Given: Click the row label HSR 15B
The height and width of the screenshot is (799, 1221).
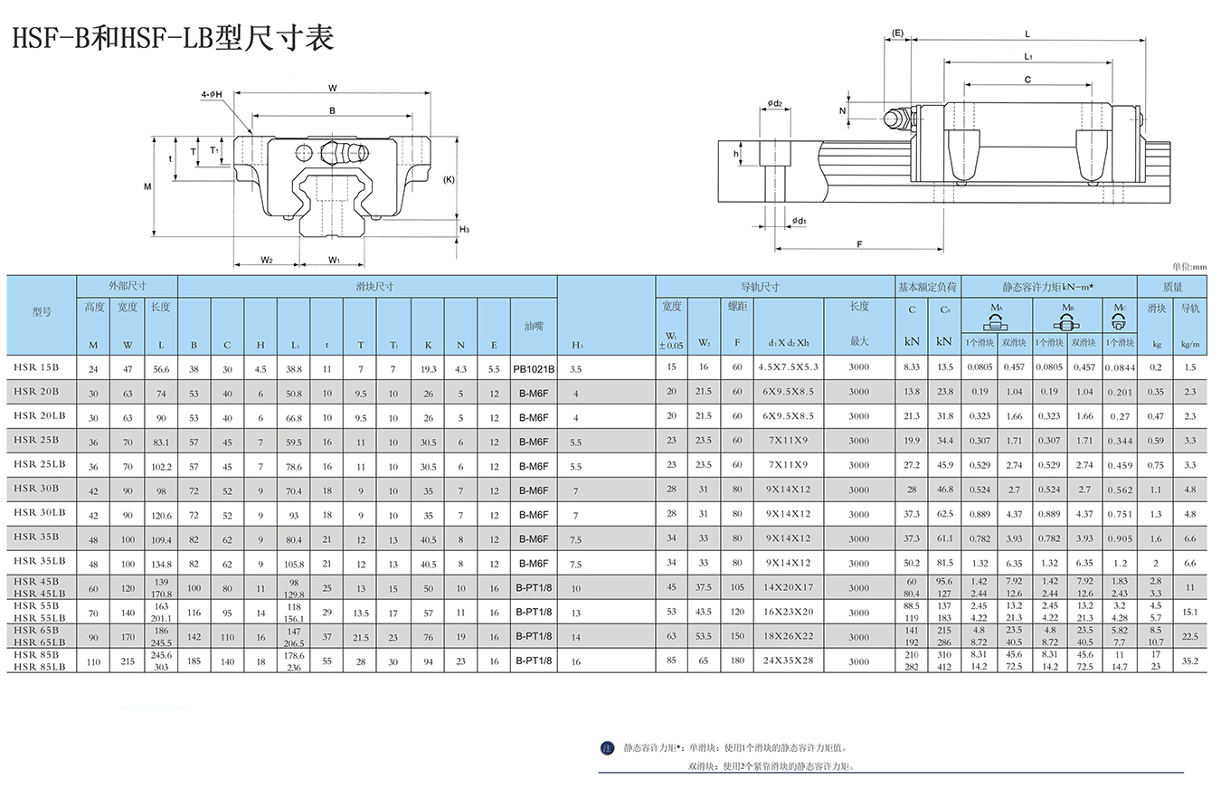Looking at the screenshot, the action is coord(36,367).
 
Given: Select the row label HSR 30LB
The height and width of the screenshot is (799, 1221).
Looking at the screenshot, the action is coord(39,512).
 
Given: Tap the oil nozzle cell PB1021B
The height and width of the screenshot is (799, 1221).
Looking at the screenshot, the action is coord(534,369).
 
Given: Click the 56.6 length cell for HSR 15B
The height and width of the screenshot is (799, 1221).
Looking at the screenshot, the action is coord(161,369).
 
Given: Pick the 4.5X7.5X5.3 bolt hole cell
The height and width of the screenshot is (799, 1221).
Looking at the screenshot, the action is coord(788,367).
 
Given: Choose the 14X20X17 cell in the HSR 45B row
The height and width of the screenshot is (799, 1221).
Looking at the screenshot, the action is coord(788,587).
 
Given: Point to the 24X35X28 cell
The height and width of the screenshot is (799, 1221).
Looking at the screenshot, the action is coord(788,661).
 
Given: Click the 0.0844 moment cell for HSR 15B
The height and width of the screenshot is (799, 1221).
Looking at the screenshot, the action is coord(1121,368).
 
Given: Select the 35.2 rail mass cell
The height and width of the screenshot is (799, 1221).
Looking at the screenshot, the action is coord(1190,661).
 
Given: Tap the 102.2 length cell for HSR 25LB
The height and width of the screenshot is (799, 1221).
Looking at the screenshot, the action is coord(161,467).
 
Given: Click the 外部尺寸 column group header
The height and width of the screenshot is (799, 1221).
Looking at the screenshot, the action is coord(127,286).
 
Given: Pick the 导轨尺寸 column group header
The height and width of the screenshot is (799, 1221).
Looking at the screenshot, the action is coord(760,287).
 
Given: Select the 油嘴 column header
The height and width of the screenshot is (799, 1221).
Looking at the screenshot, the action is coord(534,326).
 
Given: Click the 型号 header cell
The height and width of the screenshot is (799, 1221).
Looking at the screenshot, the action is coord(42,312).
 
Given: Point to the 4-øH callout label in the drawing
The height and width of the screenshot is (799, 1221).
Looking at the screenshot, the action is coord(212,94).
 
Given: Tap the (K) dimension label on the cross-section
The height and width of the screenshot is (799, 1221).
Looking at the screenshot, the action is coord(449,179).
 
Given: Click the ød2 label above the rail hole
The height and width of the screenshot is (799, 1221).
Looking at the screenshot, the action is coord(774,103).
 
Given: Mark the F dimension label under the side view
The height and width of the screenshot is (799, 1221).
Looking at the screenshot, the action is coord(859,243).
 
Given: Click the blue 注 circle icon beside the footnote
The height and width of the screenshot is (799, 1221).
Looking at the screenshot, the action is coord(607,748).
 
